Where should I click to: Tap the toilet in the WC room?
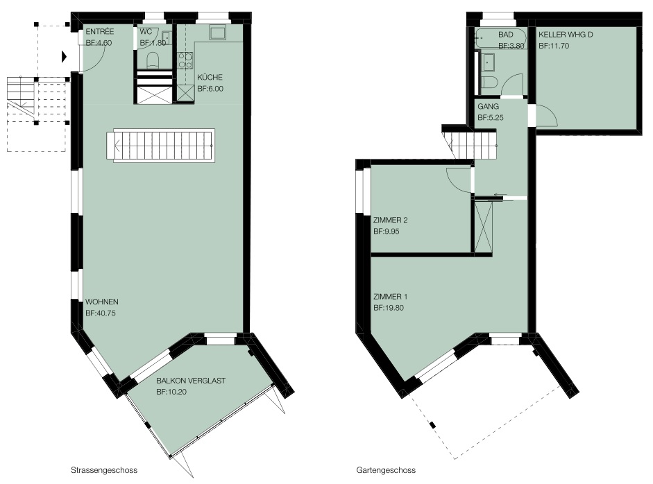(x=153, y=61)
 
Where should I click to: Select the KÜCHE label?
(x=210, y=78)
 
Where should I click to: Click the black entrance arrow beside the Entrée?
(x=65, y=56)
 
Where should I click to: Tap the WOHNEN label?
(x=102, y=302)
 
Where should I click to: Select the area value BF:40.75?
(x=101, y=313)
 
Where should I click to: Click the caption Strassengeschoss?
(x=105, y=469)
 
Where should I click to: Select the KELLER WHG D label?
(x=566, y=35)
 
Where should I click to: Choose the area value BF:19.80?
(x=389, y=307)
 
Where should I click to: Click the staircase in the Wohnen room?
(x=161, y=146)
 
